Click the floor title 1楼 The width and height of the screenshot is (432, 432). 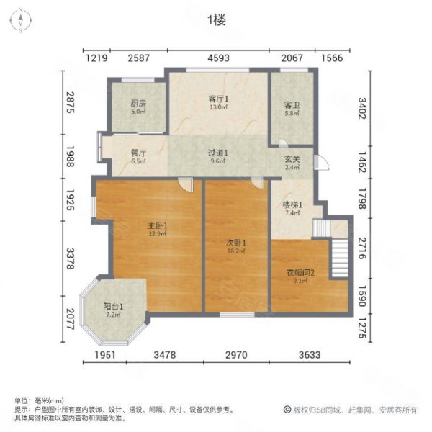point(217,20)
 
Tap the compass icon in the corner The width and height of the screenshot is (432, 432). point(22,22)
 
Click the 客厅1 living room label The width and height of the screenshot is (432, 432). point(218,99)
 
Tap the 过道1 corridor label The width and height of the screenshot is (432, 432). point(218,153)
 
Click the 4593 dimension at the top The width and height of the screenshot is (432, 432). point(218,57)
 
